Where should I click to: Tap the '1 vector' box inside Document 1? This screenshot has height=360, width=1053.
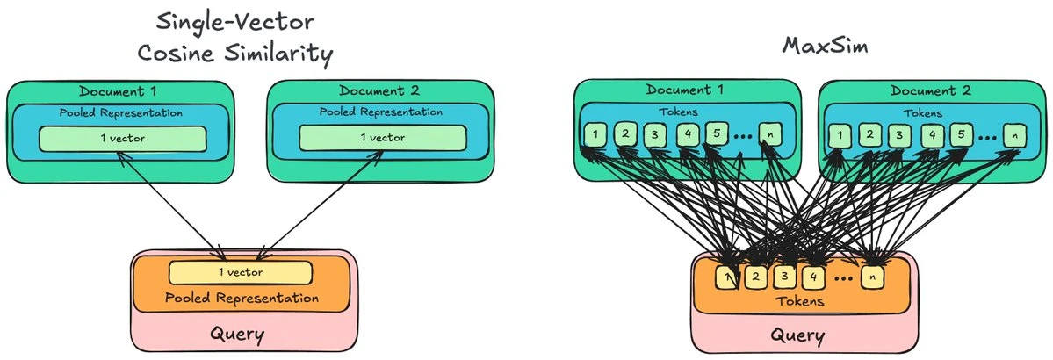[122, 138]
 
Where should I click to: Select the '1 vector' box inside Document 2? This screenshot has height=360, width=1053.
[382, 138]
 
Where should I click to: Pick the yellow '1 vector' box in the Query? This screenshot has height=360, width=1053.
[240, 272]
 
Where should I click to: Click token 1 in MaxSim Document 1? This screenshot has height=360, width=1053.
[595, 135]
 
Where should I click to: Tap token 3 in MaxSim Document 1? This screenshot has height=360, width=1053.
[654, 135]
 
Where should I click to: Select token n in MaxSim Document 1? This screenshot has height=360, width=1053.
[769, 135]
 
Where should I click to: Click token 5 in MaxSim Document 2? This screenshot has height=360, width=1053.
[960, 135]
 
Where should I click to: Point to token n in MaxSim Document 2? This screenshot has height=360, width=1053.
[1014, 135]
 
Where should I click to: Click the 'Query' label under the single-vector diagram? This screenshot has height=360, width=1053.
[237, 335]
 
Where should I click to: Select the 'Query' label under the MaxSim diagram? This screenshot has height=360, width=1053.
[797, 335]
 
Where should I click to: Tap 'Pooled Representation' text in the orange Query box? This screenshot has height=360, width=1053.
[242, 298]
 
